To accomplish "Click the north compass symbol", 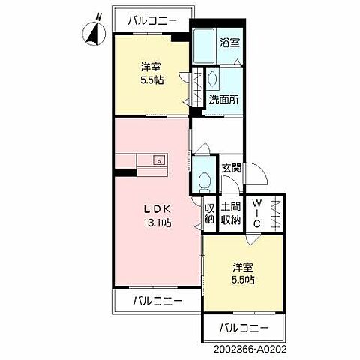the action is [x=94, y=32].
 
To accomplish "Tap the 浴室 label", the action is [x=229, y=43].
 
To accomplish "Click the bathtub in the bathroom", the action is [x=204, y=46].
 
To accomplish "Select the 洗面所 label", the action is [x=224, y=100].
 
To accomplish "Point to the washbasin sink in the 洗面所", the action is [x=212, y=79].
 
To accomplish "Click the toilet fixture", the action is [x=204, y=183].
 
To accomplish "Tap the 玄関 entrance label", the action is [x=232, y=168].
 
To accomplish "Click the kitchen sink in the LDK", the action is [x=158, y=160].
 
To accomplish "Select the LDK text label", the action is [x=157, y=209].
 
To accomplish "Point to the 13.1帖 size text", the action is [x=157, y=223].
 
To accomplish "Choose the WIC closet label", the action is [x=256, y=214].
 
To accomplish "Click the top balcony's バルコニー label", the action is [x=152, y=21].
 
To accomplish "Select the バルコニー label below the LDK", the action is [x=157, y=301].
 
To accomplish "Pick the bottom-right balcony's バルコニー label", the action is [x=244, y=328].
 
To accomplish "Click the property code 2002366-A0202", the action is [x=250, y=349].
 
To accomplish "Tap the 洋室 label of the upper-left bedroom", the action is [x=151, y=67].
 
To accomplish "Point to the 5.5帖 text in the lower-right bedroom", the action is [x=243, y=280].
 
